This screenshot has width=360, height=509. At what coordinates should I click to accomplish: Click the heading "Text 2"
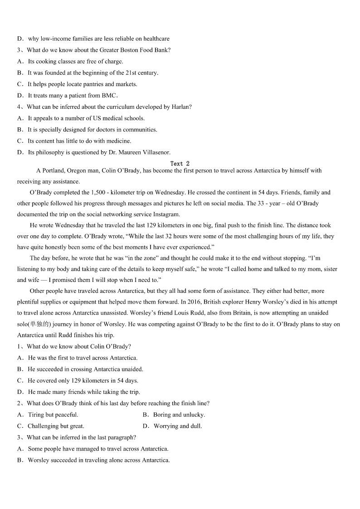pos(180,164)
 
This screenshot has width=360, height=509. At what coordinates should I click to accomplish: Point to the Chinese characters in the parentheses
pos(39,325)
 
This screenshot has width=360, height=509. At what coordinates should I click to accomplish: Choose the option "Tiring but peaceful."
pos(53,415)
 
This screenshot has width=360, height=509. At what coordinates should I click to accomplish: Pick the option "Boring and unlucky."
pos(179,415)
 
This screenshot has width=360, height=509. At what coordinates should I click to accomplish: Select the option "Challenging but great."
pos(56,426)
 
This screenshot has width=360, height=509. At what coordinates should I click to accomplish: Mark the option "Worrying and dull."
pos(178,426)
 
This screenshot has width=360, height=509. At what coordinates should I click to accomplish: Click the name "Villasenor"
pos(154,152)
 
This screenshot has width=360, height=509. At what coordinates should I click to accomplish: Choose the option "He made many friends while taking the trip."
pos(84,392)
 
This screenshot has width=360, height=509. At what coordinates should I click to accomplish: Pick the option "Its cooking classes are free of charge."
pos(75,62)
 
